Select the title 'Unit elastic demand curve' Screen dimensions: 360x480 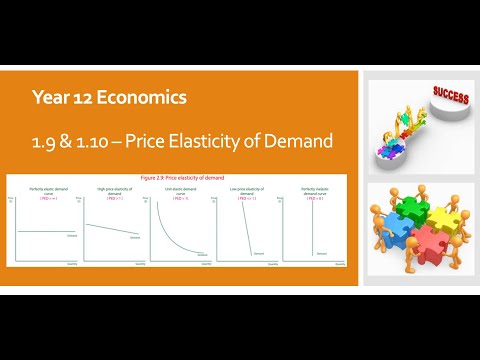click(x=178, y=191)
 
